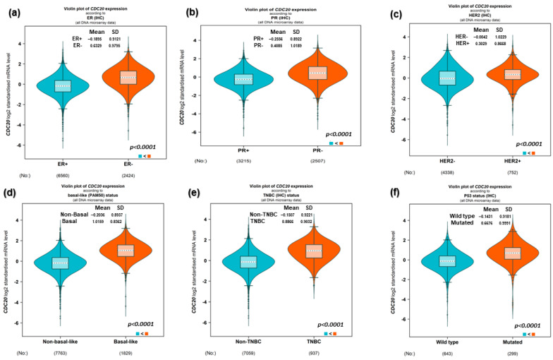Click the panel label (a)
(12, 11)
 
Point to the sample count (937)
(315, 353)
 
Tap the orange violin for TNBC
(315, 252)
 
